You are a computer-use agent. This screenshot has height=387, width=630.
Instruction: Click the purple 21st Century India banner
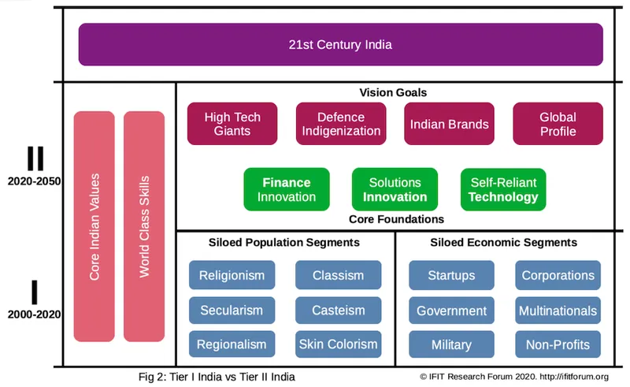pos(340,44)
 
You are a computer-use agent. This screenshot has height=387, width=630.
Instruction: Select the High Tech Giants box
pos(232,124)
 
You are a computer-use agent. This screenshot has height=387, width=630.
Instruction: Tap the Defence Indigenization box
pos(341,124)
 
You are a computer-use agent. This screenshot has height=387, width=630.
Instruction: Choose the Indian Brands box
pos(449,124)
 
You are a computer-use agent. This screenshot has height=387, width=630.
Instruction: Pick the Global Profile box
pos(558,124)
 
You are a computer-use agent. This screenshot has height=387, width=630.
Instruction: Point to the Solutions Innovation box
pos(395,189)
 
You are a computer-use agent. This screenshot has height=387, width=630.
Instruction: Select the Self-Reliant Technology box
pos(503,189)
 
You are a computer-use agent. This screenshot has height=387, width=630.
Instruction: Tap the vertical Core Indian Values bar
pos(94,227)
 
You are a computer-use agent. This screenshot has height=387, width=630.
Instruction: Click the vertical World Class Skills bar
pos(144,227)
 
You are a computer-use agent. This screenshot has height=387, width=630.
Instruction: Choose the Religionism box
pos(232,276)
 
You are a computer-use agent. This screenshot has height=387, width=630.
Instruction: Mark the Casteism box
pos(338,310)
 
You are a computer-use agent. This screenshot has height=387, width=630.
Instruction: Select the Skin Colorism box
pos(338,344)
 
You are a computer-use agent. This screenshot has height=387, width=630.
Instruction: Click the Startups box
pos(451,276)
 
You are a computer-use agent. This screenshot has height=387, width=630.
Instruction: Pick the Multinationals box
pos(558,310)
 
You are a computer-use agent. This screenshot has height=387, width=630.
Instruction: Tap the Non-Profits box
pos(558,344)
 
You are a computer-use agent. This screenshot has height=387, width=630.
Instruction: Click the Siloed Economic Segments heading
pos(504,242)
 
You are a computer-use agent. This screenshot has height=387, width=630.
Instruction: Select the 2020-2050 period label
pos(35,180)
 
